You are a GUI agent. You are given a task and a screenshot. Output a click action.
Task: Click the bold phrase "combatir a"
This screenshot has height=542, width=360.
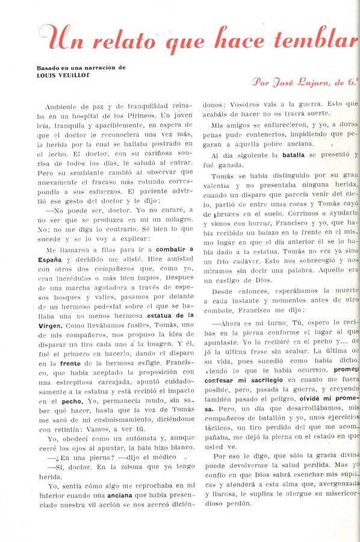click(x=175, y=249)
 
